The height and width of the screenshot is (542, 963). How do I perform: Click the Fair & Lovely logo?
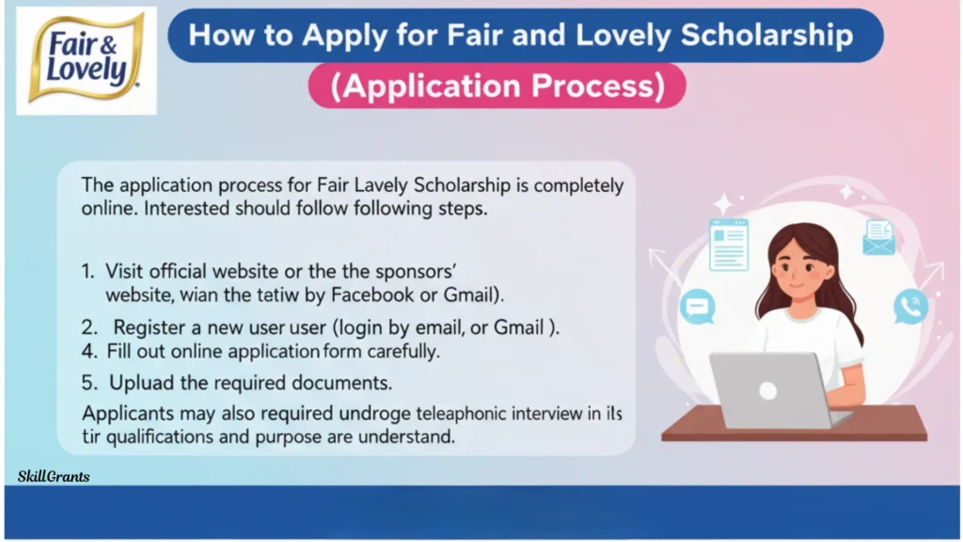point(86,60)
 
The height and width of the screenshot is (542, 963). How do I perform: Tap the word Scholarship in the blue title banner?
point(767,36)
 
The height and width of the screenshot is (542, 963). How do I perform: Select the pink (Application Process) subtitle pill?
point(497,86)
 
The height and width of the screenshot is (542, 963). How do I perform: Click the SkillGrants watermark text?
point(54,476)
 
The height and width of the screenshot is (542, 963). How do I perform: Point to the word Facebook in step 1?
point(372,295)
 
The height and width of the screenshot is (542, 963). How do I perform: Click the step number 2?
point(89,327)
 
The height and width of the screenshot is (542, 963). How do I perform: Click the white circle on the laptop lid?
point(767,391)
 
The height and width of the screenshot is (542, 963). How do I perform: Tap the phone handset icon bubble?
point(910,307)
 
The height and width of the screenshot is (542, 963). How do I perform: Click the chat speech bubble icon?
point(698,307)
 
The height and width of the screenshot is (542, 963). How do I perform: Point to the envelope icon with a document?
point(879,238)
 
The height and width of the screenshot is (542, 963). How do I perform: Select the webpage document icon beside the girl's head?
point(729,245)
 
